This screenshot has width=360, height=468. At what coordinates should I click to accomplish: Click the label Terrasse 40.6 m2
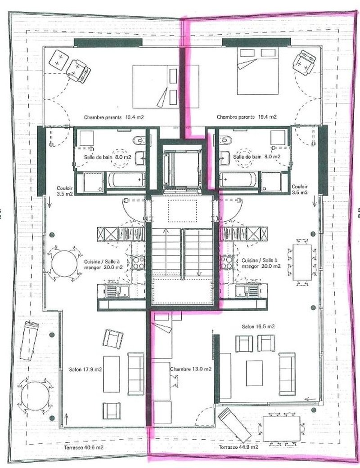[x=84, y=447]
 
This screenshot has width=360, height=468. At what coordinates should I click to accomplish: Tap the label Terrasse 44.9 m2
[x=238, y=447]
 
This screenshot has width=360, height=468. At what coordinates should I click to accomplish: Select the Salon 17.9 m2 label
[x=85, y=370]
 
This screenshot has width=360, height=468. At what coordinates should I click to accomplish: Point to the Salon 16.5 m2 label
[x=258, y=326]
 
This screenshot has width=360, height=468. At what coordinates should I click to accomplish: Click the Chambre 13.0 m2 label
[x=191, y=369]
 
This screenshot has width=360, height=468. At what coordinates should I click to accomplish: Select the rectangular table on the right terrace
[x=281, y=429]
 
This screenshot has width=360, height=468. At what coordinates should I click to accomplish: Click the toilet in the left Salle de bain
[x=139, y=140]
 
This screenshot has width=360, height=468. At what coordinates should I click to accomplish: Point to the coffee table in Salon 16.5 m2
[x=254, y=373]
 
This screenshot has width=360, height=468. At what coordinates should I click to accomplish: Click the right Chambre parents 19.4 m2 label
[x=247, y=117]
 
